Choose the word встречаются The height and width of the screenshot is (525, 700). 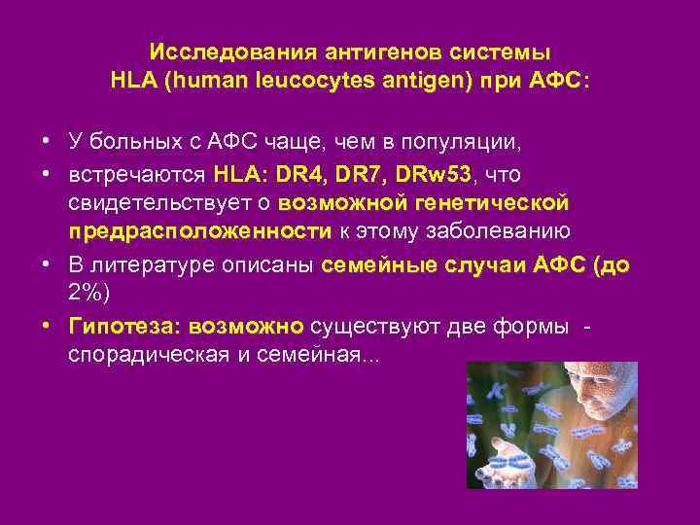[x=135, y=174]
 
